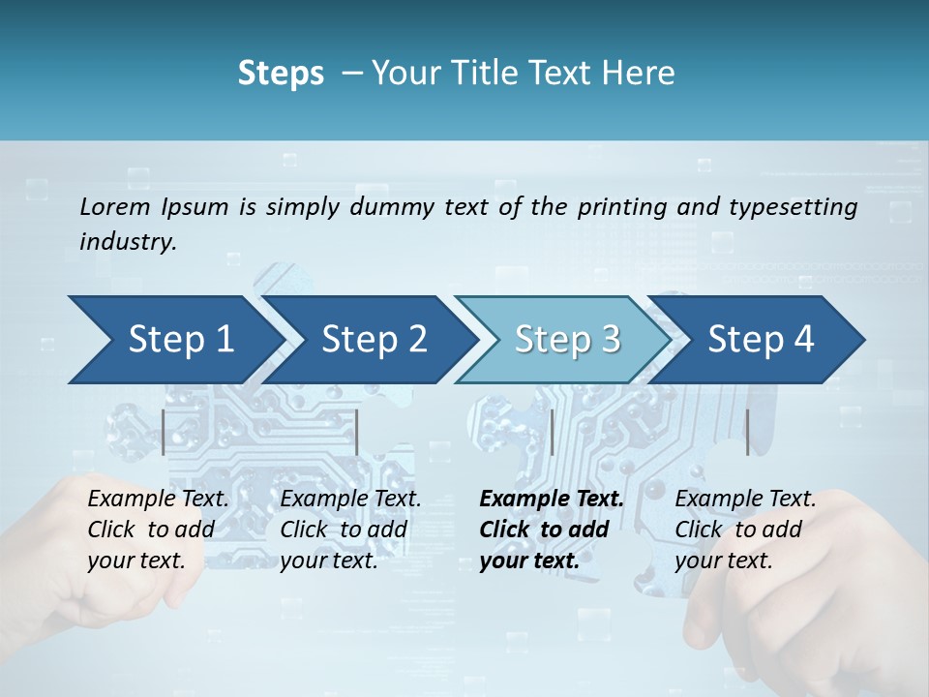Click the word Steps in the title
(x=281, y=74)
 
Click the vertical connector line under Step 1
(x=164, y=432)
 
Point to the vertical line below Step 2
(x=357, y=432)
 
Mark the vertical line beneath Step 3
(x=552, y=432)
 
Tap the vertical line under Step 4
(x=747, y=432)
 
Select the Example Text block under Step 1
(x=158, y=530)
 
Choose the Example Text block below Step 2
(x=350, y=530)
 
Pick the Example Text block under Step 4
(x=745, y=530)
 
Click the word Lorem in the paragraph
(x=115, y=207)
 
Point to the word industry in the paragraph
(x=128, y=242)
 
